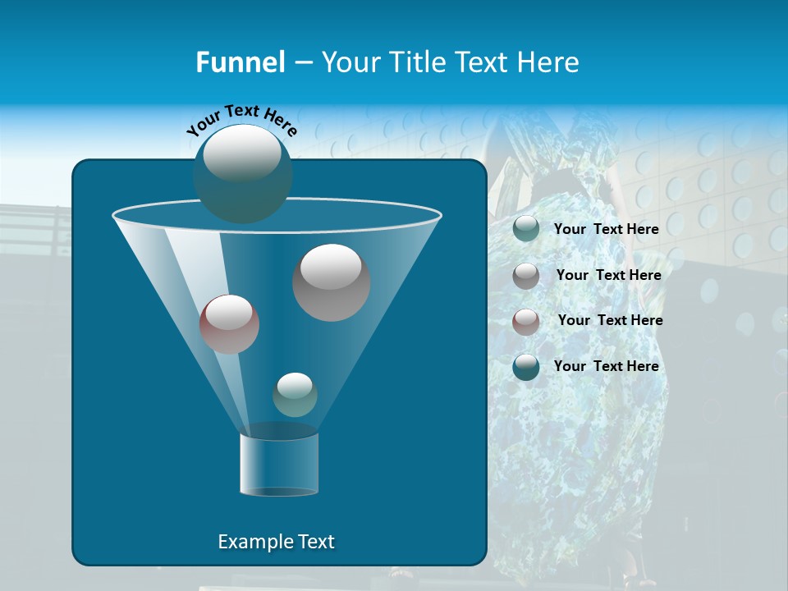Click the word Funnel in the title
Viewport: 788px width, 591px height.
pos(240,62)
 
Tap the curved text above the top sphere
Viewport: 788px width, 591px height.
pos(242,120)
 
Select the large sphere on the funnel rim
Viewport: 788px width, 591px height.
pos(242,172)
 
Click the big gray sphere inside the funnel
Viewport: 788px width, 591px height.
pos(331,282)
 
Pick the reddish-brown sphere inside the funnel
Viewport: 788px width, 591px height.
pos(229,323)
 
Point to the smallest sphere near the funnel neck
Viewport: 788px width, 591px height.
pos(295,394)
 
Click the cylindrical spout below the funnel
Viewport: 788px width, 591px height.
pos(278,463)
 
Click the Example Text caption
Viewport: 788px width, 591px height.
pos(276,542)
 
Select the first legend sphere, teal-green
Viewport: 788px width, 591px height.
pos(526,229)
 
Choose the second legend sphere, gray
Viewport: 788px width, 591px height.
pos(526,276)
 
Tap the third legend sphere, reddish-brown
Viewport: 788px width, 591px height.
pos(526,321)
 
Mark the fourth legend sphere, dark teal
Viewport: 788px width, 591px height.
pos(526,367)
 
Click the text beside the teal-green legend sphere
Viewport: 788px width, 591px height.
pos(606,230)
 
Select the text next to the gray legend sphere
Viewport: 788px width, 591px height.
pos(608,276)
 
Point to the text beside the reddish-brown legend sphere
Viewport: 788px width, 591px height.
pos(610,321)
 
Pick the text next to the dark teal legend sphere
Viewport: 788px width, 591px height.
pos(606,367)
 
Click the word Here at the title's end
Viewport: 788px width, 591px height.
pos(549,62)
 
